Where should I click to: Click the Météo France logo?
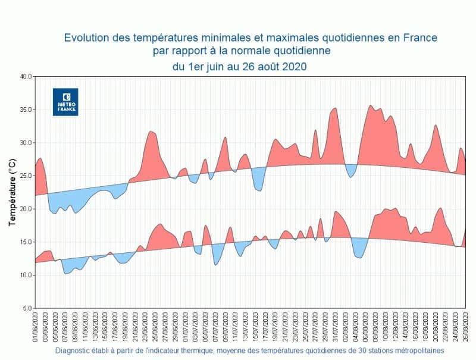(x=65, y=102)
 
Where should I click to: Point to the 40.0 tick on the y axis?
(x=26, y=77)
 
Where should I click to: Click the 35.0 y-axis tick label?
(x=26, y=110)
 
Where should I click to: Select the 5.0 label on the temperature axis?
(x=27, y=308)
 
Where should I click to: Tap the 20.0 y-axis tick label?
(x=26, y=209)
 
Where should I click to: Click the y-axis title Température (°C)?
(x=12, y=192)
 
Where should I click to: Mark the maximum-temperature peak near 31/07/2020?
(x=335, y=109)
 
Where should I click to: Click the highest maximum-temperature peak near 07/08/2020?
(x=371, y=107)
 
